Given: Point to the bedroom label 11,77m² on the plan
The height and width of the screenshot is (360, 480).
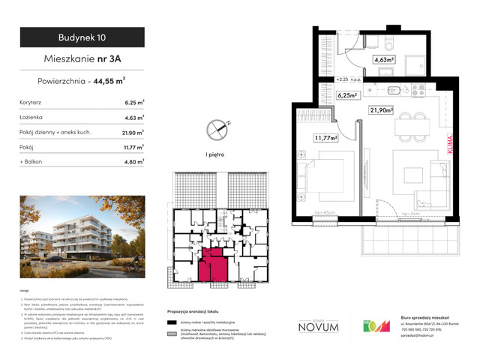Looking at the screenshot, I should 325,137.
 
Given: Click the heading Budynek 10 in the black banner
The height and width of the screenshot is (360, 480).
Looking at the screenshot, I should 82,37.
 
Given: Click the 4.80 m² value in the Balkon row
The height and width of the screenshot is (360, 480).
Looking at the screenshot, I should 133,160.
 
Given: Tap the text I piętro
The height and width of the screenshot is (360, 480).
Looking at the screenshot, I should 216,154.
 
